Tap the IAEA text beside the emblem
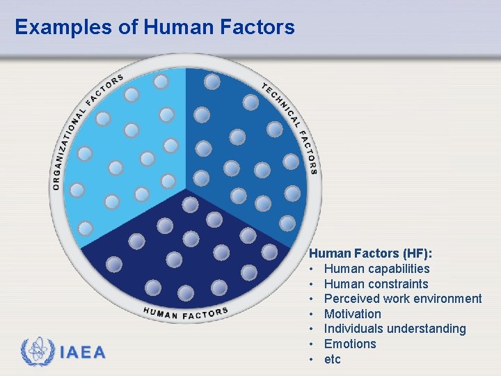point(83,352)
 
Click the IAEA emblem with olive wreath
point(37,352)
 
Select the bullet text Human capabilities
point(376,269)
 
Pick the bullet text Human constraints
point(376,284)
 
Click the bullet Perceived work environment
point(403,299)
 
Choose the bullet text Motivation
point(353,314)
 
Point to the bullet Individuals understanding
point(395,329)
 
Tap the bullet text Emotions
point(350,344)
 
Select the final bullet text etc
point(333,359)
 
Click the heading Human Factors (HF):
point(366,254)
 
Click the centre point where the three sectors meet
point(186,189)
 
